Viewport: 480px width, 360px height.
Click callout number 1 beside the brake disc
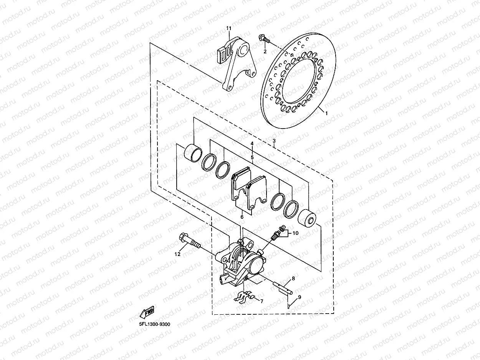[x=326, y=114]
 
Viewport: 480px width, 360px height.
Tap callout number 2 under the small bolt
[x=265, y=51]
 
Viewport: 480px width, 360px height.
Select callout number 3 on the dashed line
[x=274, y=141]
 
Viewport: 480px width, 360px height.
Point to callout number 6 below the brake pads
[x=242, y=217]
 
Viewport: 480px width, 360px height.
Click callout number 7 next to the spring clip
[x=262, y=301]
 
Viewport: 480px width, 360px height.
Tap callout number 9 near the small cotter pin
[x=300, y=297]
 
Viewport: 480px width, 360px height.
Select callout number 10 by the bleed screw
[x=295, y=233]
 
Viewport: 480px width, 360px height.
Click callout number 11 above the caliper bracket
[x=229, y=28]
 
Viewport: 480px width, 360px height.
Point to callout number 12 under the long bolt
[x=177, y=254]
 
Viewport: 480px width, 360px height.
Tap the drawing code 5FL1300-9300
[x=154, y=324]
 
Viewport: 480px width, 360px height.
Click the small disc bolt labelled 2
[x=265, y=38]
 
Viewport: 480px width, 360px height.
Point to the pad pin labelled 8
[x=284, y=286]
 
